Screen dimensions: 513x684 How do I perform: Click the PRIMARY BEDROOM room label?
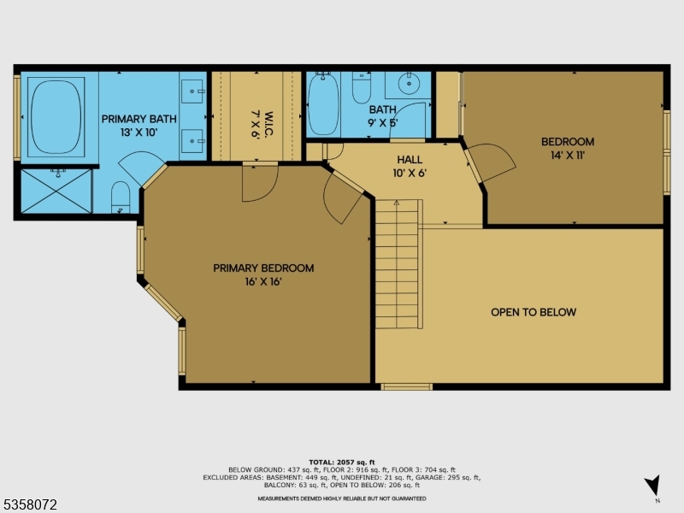point(263,268)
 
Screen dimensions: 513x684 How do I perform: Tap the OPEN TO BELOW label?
point(534,312)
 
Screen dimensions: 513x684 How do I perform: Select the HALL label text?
point(410,160)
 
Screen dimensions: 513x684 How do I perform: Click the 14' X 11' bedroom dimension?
point(567,155)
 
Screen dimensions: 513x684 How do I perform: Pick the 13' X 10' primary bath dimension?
point(139,133)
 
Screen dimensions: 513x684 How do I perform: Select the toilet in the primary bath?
point(121,195)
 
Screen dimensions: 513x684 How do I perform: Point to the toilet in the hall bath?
point(361,87)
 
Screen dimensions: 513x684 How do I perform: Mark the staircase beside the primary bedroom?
point(398,264)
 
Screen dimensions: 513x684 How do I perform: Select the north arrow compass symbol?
point(653,485)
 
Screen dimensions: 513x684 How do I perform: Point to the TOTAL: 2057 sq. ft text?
point(342,462)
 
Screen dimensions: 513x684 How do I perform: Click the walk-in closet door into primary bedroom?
point(259,182)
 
